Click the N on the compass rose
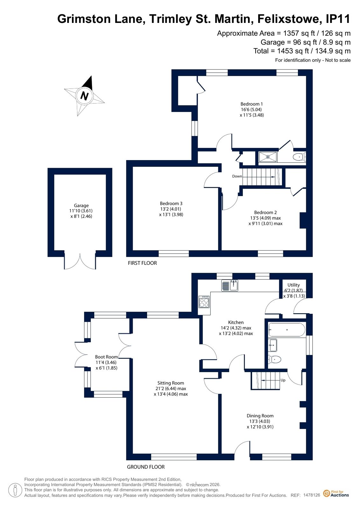tap(84, 96)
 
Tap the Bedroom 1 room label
tap(251, 104)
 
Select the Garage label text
tap(81, 205)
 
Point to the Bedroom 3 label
tap(171, 203)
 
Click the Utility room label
tap(293, 285)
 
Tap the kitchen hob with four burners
tap(204, 302)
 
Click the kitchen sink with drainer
tap(229, 286)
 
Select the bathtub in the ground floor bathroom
tap(286, 330)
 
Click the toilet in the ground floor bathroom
tap(275, 359)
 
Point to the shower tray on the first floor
tap(268, 157)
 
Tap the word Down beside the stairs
tap(237, 176)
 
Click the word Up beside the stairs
tap(283, 380)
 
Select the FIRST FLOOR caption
tap(142, 263)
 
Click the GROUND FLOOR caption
tap(146, 467)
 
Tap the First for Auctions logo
tap(336, 493)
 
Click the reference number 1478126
tap(312, 495)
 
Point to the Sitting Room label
tap(171, 383)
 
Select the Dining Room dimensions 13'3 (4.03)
tap(260, 421)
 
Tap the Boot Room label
tap(106, 357)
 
